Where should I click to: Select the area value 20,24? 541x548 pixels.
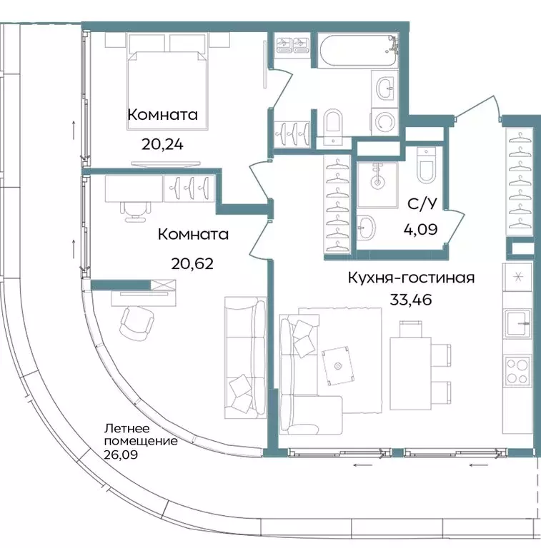(x=162, y=144)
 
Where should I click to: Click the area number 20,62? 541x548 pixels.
(x=192, y=263)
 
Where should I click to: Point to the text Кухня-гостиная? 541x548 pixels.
(x=411, y=278)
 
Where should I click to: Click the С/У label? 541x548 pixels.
(x=422, y=205)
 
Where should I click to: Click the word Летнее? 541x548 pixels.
(x=127, y=429)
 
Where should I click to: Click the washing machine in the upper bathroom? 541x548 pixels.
(x=386, y=121)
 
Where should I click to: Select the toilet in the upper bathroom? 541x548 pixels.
(x=332, y=123)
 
